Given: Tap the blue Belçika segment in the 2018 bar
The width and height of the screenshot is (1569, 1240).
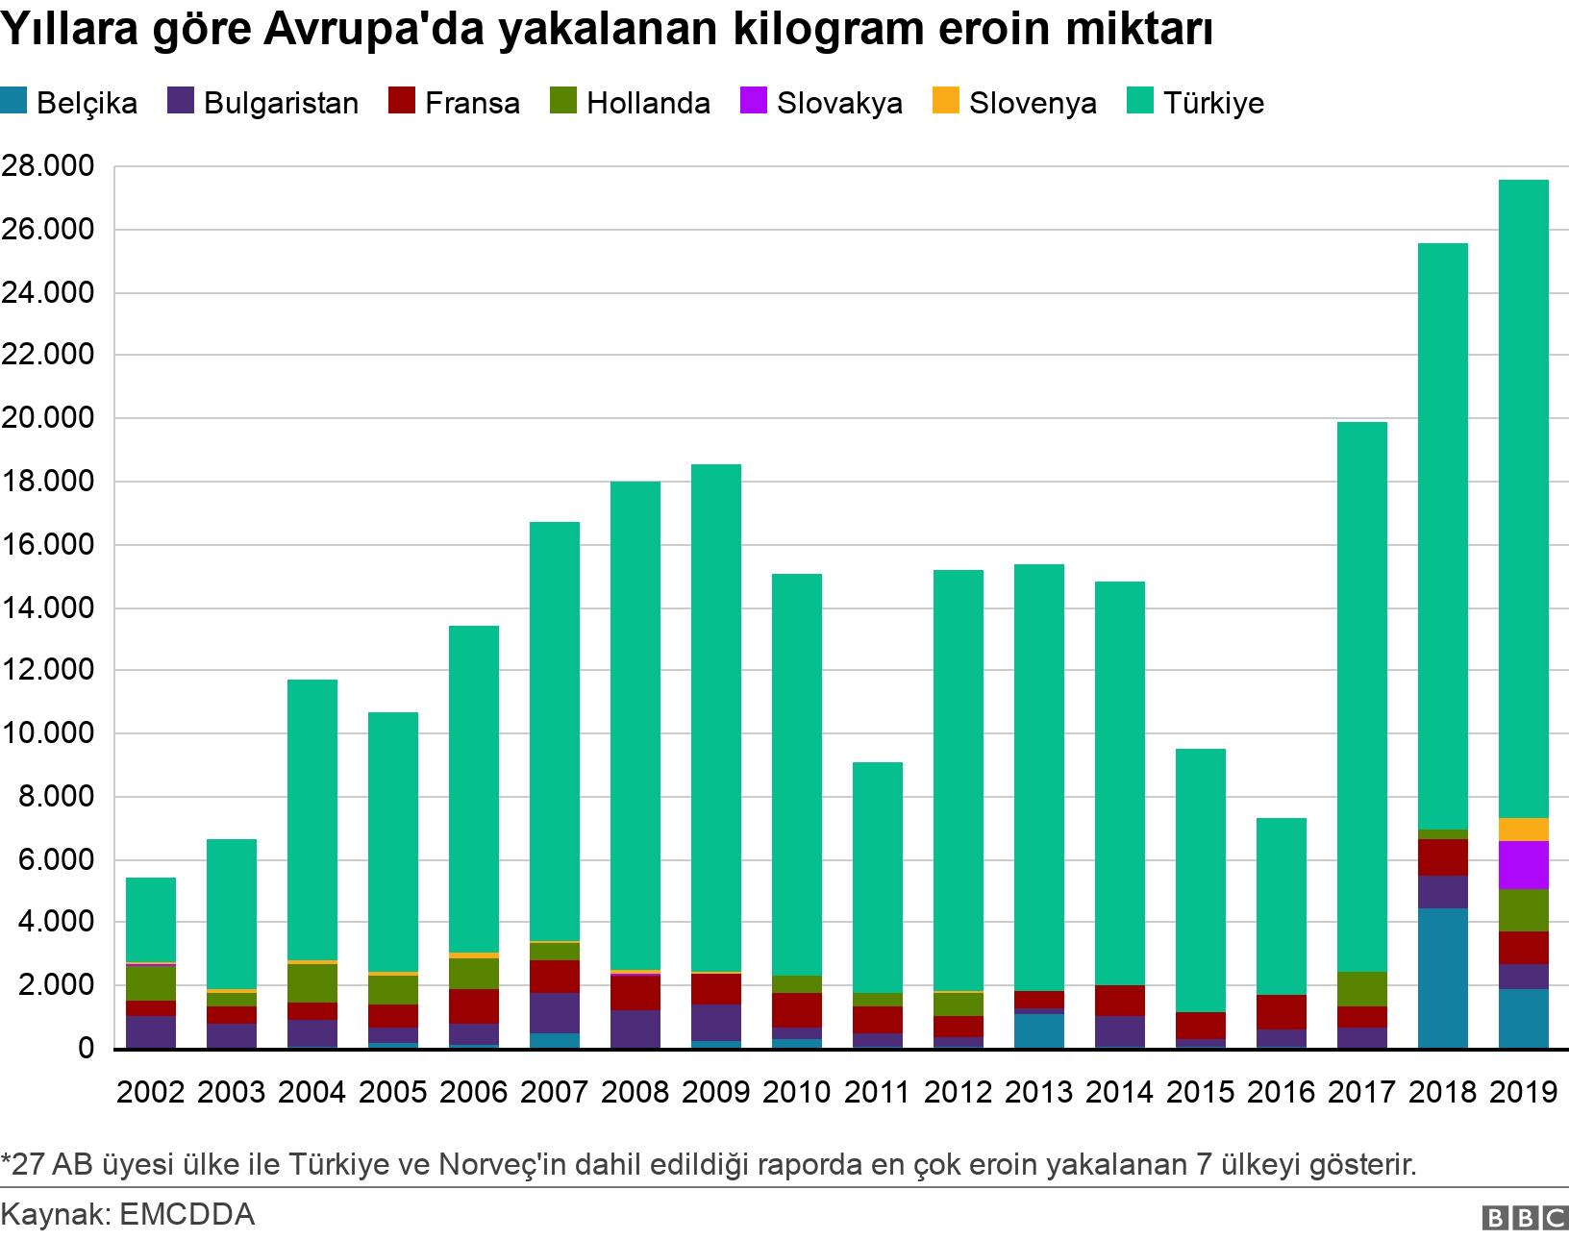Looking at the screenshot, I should click(1442, 978).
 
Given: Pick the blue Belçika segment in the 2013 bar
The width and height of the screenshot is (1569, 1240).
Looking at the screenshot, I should click(1038, 1030).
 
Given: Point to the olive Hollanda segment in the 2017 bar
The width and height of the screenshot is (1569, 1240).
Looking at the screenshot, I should click(1361, 989).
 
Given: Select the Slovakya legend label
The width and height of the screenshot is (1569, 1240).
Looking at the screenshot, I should click(839, 103).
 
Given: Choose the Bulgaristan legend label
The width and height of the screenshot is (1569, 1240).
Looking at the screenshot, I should click(281, 103).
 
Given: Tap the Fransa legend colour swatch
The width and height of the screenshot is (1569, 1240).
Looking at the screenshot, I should click(401, 102).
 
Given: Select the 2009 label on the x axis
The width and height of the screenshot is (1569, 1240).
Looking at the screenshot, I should click(715, 1092).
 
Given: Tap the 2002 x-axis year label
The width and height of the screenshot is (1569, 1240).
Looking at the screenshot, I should click(150, 1092).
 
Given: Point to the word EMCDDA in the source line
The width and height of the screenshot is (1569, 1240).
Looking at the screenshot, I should click(187, 1215).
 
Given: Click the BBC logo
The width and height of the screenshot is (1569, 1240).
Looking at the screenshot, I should click(1525, 1218).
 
